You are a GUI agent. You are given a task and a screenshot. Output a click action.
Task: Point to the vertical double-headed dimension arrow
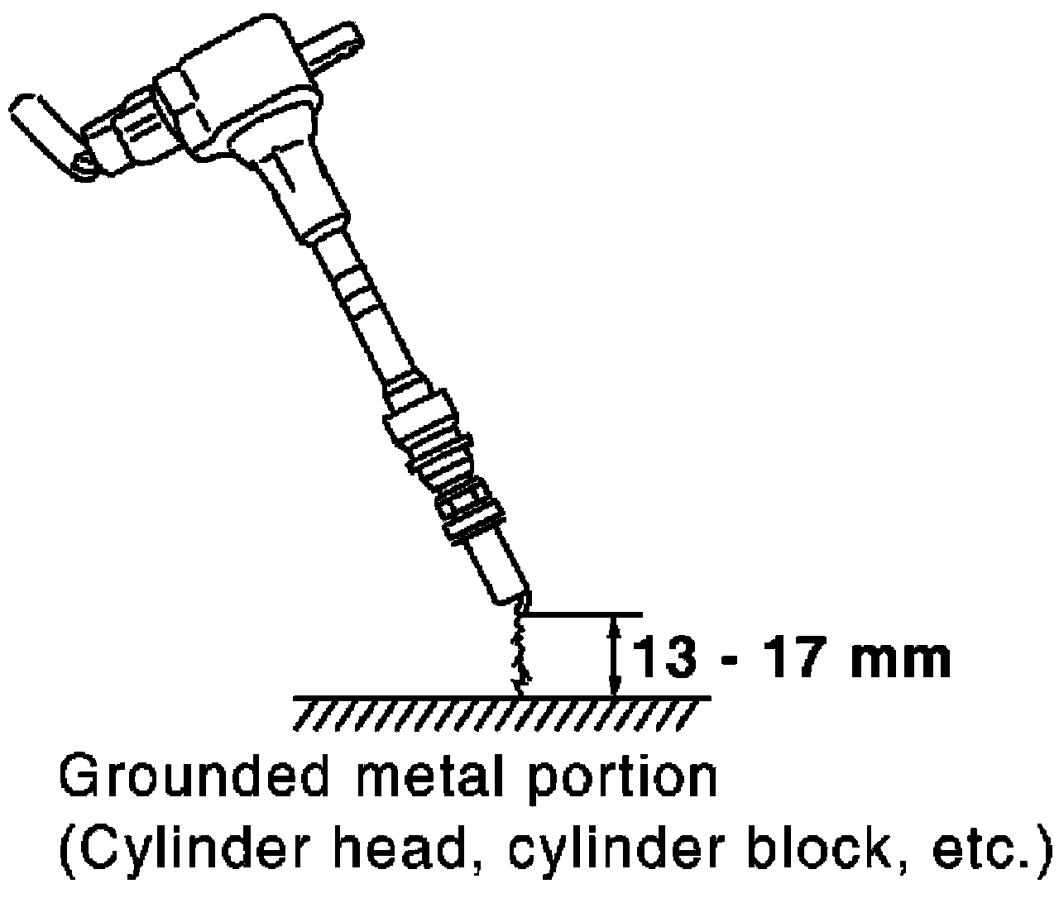click(x=613, y=657)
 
